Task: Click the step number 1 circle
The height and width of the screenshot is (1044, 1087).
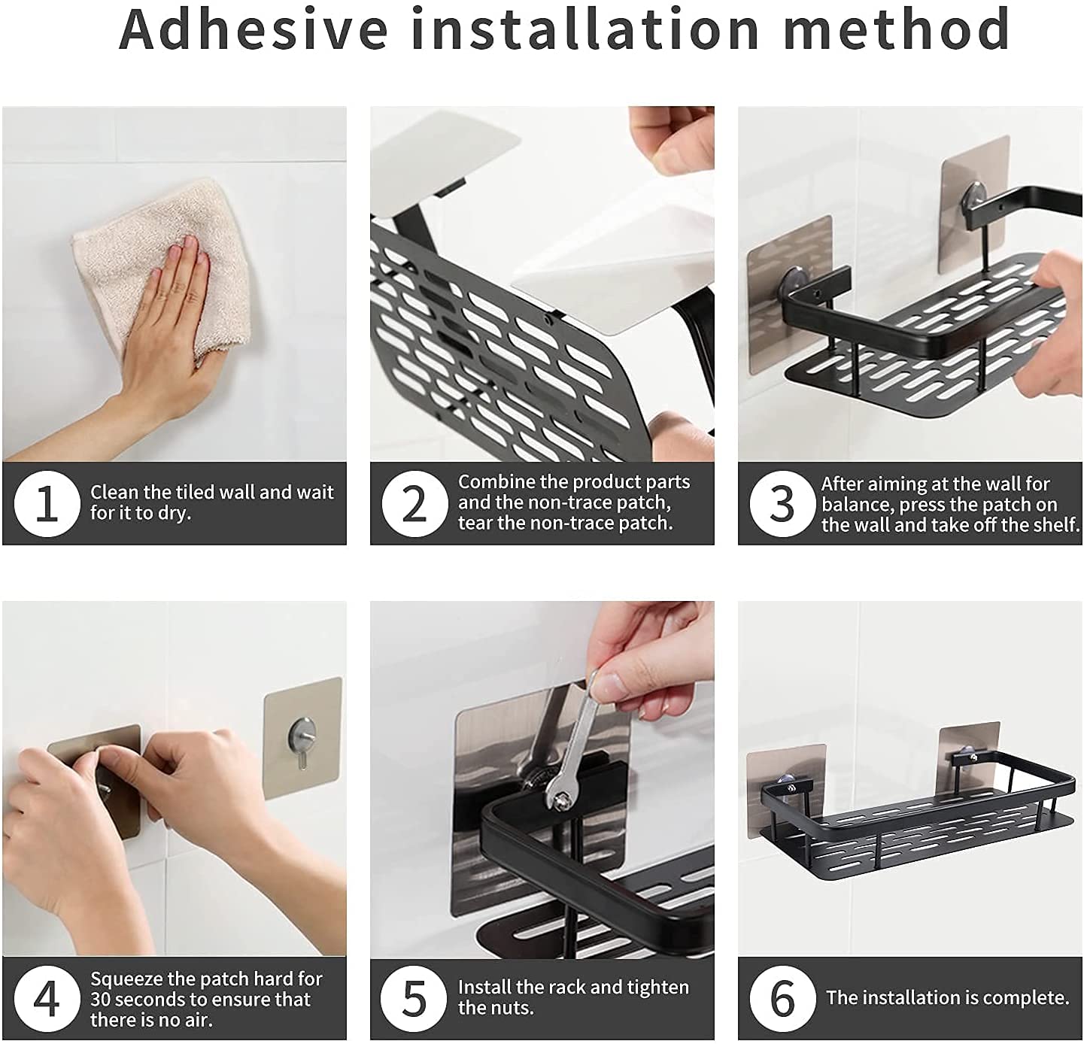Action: point(47,503)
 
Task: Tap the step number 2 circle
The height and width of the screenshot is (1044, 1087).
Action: point(414,503)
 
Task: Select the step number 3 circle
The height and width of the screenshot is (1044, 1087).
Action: point(782,503)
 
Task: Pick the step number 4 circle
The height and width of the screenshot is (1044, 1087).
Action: point(47,998)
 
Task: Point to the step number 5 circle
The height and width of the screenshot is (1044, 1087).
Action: point(414,998)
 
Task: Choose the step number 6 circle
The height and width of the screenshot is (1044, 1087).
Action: point(782,998)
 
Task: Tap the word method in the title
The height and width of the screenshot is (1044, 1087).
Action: point(897,29)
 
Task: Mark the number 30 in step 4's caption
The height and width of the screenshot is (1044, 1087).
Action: point(101,1000)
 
